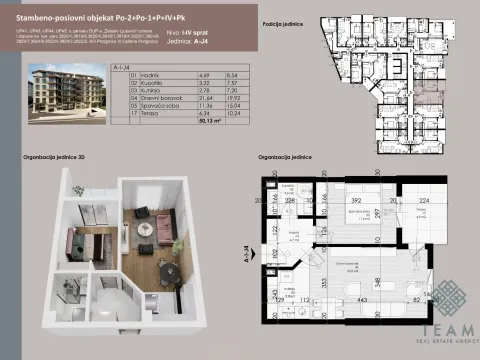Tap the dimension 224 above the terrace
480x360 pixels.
(423, 199)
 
